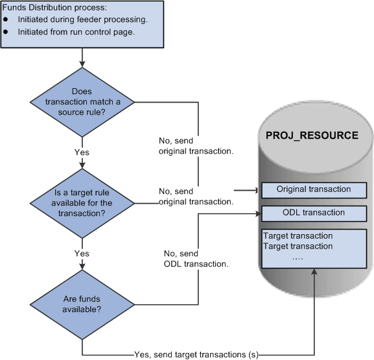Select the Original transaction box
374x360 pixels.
pyautogui.click(x=313, y=190)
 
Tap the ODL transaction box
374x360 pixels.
pyautogui.click(x=313, y=213)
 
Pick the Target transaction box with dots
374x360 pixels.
pyautogui.click(x=313, y=246)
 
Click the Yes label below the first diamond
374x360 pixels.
pyautogui.click(x=82, y=152)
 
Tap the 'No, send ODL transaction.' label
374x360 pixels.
pyautogui.click(x=193, y=259)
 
